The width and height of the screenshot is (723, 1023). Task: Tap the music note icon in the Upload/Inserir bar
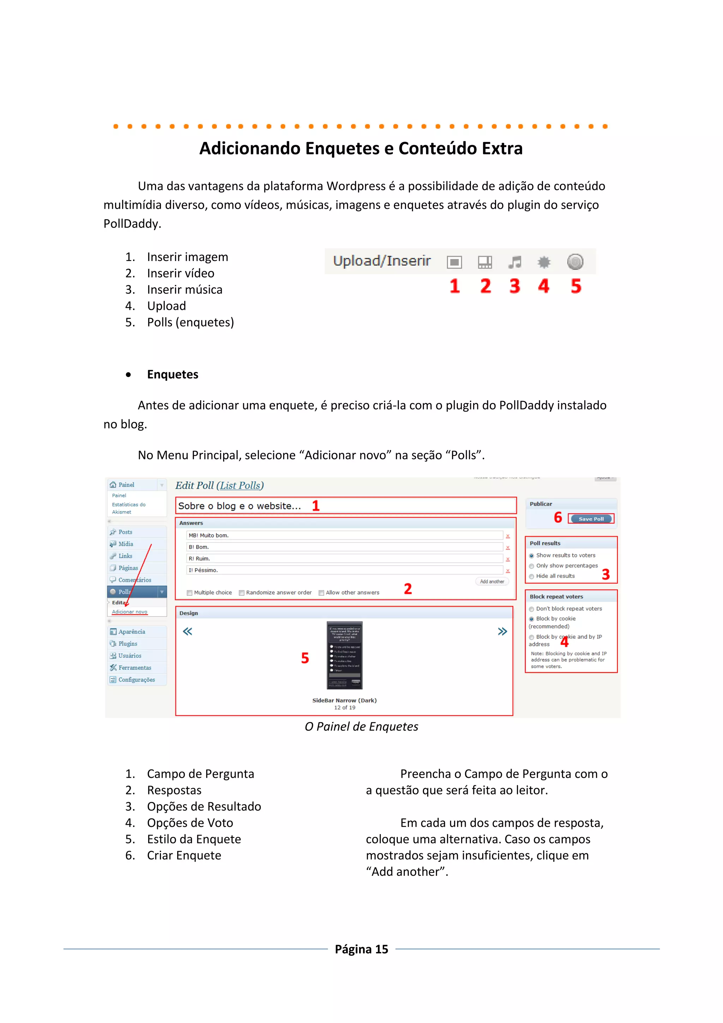[x=515, y=262]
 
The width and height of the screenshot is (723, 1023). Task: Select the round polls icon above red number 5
[x=575, y=261]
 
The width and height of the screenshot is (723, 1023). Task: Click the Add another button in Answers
[x=491, y=581]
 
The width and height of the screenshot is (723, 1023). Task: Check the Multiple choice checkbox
[x=190, y=593]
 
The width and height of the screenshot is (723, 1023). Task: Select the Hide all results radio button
[x=532, y=576]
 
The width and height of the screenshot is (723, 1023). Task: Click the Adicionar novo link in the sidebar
[x=129, y=612]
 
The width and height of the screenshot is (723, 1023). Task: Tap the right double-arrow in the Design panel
[x=502, y=631]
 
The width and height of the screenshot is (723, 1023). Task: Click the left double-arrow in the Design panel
[x=187, y=631]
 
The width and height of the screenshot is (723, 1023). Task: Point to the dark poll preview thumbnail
[x=344, y=655]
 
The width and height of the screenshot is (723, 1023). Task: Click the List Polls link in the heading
[x=240, y=486]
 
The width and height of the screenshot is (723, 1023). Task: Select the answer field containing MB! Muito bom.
[x=345, y=536]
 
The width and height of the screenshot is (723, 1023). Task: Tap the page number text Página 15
[x=361, y=949]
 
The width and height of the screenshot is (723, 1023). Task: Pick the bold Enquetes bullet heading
[x=173, y=374]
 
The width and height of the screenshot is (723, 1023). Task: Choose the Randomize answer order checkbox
[x=242, y=593]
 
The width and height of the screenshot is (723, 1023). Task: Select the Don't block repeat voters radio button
[x=532, y=609]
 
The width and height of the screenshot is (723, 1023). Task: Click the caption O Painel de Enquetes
[x=361, y=727]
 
